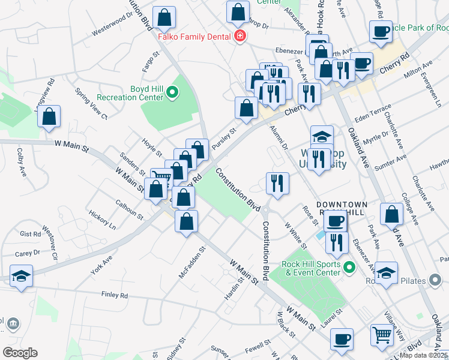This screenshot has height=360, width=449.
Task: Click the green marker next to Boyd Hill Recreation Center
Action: coord(172,92)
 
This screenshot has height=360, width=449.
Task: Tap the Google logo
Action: coord(20,353)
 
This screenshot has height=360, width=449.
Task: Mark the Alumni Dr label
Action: coord(279,137)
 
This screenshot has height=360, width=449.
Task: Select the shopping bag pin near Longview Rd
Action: coord(49,116)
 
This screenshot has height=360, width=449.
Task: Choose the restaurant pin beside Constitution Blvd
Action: coord(277,183)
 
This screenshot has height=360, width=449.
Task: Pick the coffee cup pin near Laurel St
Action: coord(342,339)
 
